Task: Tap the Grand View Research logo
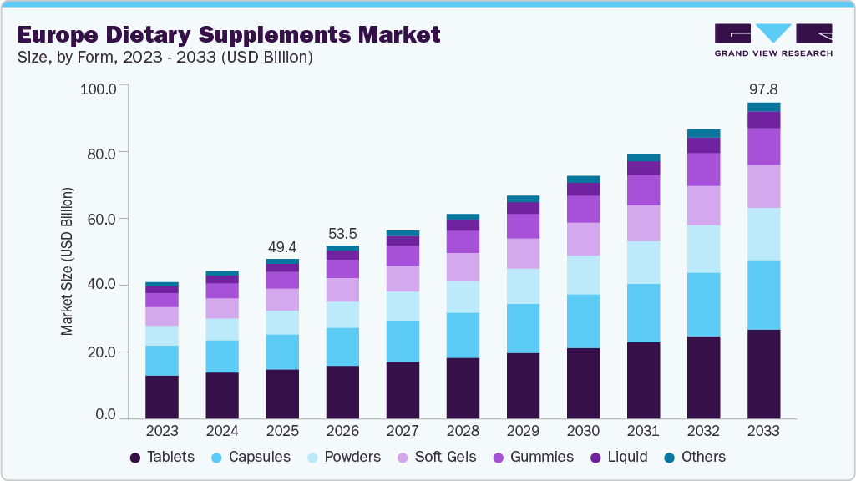[773, 40]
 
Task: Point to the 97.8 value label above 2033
[763, 89]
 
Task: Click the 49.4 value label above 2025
[281, 247]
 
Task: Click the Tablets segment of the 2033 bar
[763, 374]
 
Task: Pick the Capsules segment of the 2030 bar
[583, 321]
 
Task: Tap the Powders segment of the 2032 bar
[703, 249]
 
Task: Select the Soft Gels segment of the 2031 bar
[643, 223]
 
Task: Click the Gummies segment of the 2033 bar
[763, 146]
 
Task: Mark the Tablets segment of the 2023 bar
[161, 397]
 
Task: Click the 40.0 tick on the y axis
[106, 286]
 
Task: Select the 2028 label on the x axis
[463, 431]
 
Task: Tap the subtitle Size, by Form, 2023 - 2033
[165, 58]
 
